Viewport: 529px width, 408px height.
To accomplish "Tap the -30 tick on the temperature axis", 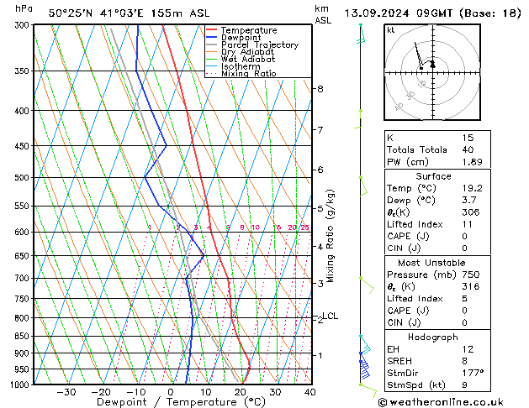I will (66, 391).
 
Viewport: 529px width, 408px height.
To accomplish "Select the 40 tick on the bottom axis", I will (310, 391).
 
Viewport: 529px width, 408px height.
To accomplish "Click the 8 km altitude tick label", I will (320, 89).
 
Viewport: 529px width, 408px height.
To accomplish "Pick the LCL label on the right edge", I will (330, 316).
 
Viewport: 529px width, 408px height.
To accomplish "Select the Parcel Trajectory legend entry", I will (259, 45).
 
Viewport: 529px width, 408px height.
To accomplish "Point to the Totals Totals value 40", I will (468, 149).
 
